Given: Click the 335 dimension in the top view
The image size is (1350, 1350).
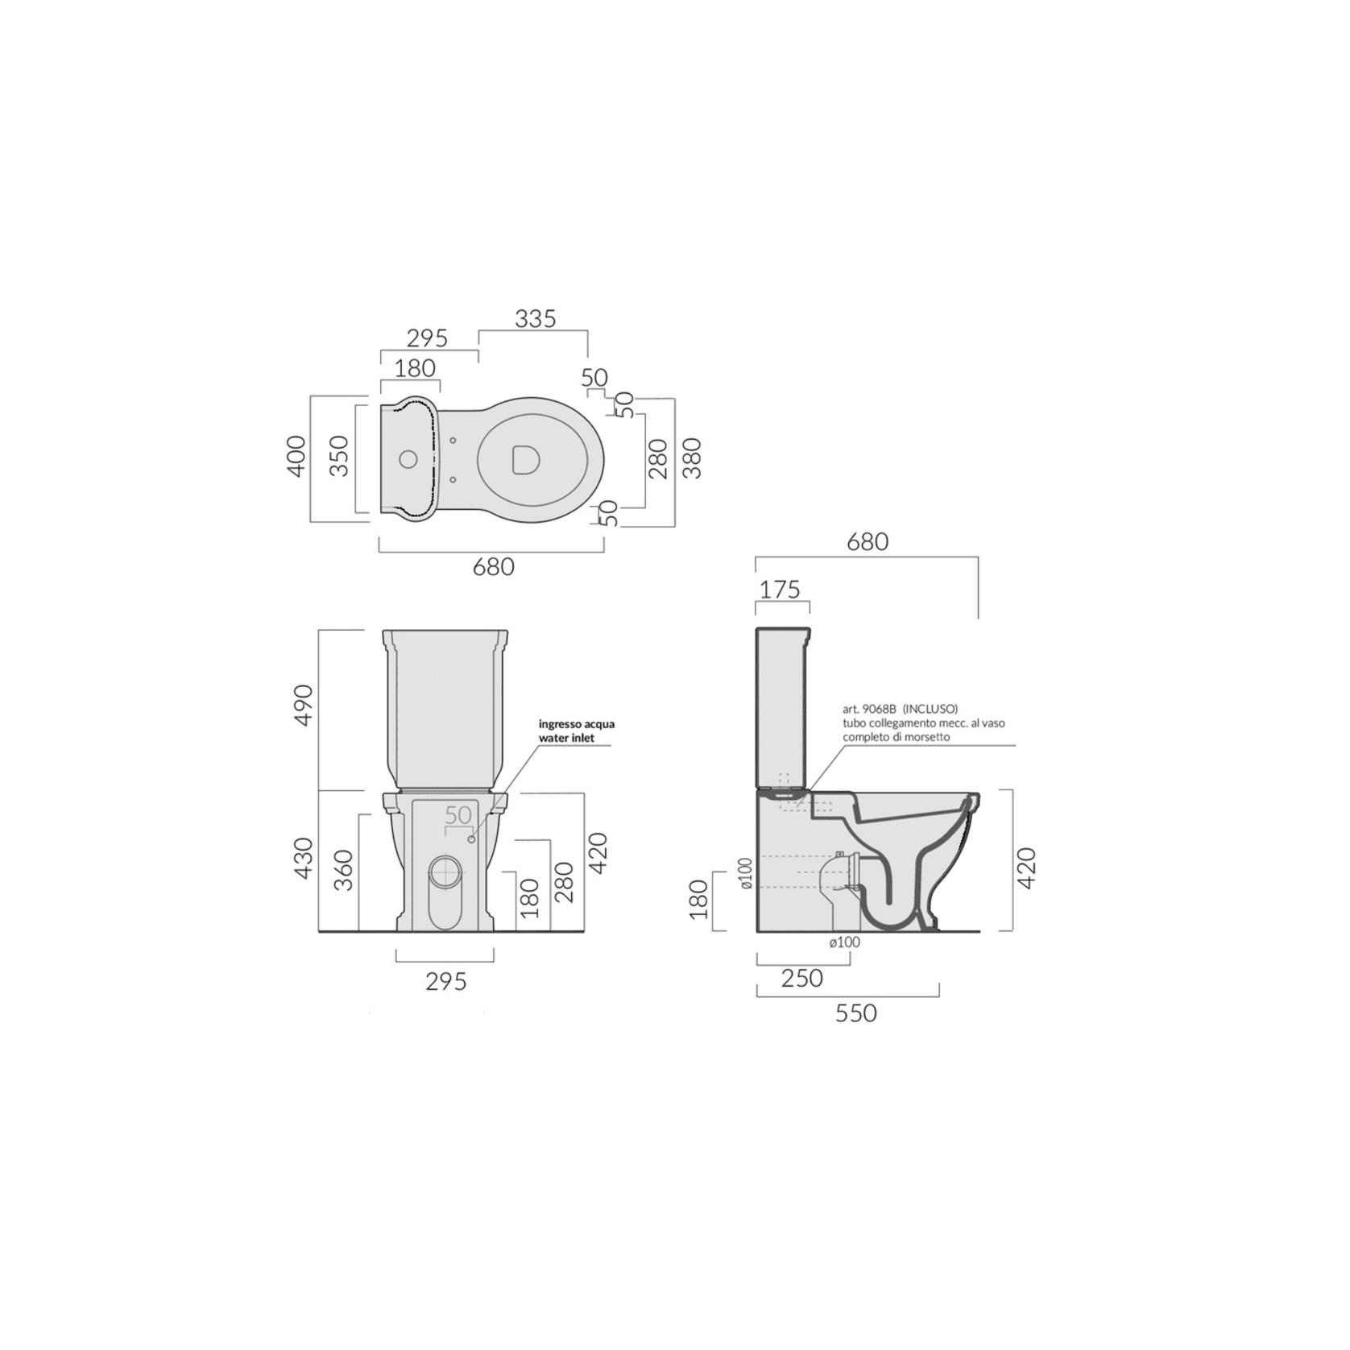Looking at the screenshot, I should point(536,319).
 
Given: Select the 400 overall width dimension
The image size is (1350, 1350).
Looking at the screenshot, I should point(296,456).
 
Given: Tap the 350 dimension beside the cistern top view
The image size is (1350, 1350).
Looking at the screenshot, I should point(340,456).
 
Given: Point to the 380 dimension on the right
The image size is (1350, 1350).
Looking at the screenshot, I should point(692,458).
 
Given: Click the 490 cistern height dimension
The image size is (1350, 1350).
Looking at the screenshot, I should point(304,706).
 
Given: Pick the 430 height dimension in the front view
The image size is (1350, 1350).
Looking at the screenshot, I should point(303,858).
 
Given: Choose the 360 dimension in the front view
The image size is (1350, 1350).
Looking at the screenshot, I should point(344,870).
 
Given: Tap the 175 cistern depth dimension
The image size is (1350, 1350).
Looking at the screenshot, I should point(781,590).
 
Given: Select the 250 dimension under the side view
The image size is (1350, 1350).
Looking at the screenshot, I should point(802,978).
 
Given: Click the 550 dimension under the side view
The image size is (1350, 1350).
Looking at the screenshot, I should point(855,1012).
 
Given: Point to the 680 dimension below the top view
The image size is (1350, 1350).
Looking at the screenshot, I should point(493,567).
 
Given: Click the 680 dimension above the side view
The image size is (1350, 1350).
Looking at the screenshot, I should point(868,542).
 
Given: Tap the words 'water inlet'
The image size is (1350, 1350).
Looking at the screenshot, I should point(566,738).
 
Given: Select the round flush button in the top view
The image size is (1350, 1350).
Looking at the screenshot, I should point(408,460).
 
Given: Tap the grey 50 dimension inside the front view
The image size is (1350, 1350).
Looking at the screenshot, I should point(458,815).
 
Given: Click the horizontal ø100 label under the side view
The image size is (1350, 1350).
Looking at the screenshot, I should point(844,942).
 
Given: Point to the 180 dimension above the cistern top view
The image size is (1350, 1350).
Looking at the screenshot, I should point(416,368).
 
